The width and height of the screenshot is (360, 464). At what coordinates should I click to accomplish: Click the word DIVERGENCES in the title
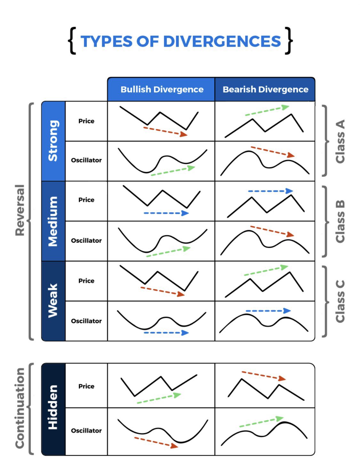(222, 42)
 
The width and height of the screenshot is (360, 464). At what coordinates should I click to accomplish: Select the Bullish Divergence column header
(162, 90)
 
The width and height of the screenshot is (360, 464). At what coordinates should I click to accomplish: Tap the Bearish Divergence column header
(265, 90)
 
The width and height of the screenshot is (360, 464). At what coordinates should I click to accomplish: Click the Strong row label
(53, 141)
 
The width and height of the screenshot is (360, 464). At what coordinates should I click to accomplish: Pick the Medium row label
(53, 221)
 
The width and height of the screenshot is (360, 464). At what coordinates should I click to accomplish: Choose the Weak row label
(53, 301)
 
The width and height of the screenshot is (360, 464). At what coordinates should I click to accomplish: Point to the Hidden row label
(53, 407)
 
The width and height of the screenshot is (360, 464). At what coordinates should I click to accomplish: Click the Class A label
(340, 141)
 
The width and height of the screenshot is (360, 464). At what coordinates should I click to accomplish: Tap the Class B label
(340, 221)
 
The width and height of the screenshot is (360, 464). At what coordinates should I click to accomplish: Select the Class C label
(340, 301)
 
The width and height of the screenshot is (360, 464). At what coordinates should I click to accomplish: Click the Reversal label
(20, 210)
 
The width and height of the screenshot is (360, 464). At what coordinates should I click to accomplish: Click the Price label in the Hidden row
(86, 386)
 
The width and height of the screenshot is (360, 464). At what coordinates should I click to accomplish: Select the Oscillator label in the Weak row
(86, 321)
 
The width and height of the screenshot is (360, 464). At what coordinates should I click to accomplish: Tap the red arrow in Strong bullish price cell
(165, 131)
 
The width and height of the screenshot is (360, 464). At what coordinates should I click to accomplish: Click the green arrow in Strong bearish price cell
(267, 111)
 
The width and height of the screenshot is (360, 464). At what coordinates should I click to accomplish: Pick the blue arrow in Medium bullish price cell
(166, 213)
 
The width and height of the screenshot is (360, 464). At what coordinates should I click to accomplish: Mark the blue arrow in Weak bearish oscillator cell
(268, 311)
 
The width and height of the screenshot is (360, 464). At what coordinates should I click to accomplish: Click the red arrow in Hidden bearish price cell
(263, 375)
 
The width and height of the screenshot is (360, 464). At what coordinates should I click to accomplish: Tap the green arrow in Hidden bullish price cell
(159, 398)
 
